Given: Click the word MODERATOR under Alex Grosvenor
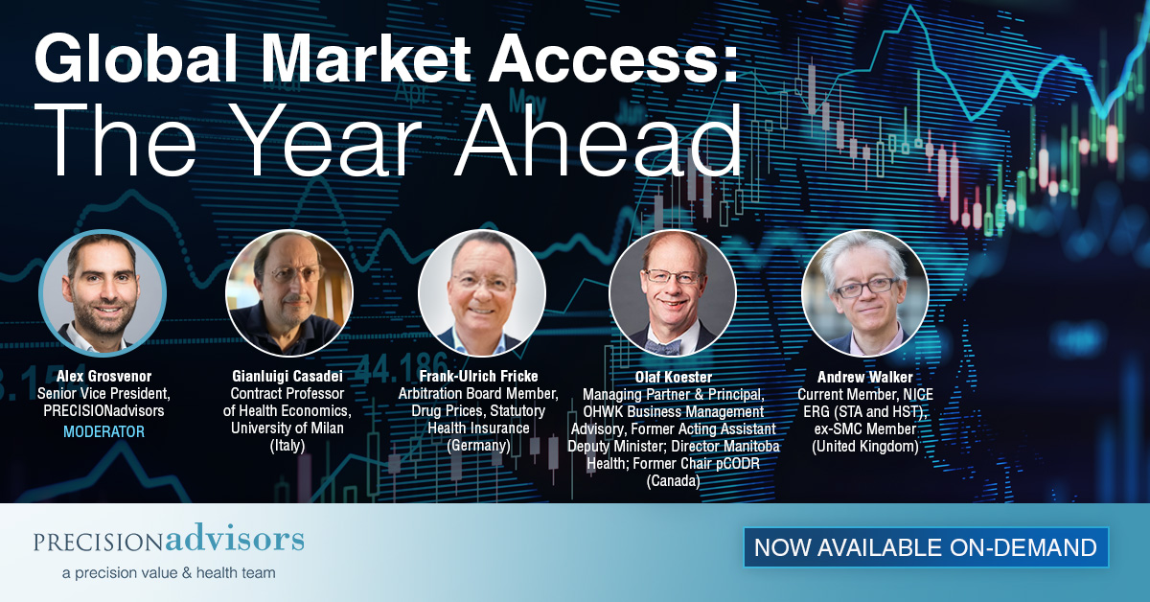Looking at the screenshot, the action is coord(103,431).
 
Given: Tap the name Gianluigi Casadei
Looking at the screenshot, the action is coord(287,376).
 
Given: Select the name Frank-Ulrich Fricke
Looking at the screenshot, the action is coord(478,376).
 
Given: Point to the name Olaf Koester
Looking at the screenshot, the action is coord(673,377).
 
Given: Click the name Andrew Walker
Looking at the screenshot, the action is coord(865,377).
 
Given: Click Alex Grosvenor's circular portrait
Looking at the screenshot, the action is coord(103,292).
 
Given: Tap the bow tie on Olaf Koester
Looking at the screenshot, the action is coord(663,347).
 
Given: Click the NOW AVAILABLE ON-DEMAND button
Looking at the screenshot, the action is coord(926,547).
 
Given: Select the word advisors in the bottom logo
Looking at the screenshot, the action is coord(235,539).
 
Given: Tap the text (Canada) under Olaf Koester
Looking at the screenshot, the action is coord(673,481).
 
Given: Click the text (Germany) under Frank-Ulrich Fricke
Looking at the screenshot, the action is coord(478,445).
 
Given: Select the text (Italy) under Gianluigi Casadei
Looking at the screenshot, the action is coord(287,445).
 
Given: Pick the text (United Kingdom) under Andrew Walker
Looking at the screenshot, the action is coord(865,446).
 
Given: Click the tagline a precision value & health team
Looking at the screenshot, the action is coord(169,572).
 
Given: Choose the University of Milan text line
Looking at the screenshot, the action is coord(287,428).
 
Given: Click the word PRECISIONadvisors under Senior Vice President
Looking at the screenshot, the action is coord(103,410).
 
